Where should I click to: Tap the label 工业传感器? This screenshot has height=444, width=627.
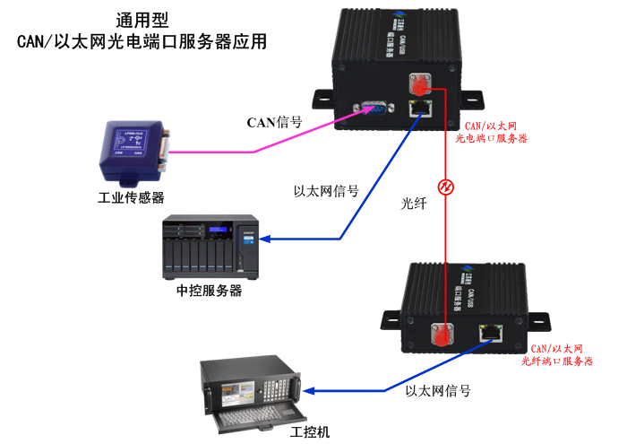click(x=131, y=197)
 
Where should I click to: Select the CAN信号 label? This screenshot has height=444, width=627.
click(x=274, y=122)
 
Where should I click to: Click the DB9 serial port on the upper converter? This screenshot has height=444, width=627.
click(x=375, y=109)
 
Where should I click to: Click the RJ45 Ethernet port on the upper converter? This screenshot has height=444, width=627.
click(x=419, y=109)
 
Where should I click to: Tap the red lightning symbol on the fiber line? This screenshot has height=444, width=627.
click(x=442, y=187)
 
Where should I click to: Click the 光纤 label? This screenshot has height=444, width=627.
click(x=414, y=204)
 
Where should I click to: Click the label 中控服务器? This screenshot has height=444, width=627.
click(x=210, y=292)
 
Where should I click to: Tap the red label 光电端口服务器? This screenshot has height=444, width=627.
click(x=491, y=139)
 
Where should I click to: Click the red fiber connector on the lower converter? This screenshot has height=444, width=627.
click(x=442, y=335)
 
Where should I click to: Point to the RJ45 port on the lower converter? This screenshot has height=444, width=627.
click(x=490, y=332)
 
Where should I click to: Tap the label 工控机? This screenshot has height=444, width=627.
click(x=311, y=432)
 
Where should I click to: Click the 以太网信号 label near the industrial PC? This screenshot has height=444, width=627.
click(x=438, y=391)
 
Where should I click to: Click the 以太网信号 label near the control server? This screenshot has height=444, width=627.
click(x=326, y=191)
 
